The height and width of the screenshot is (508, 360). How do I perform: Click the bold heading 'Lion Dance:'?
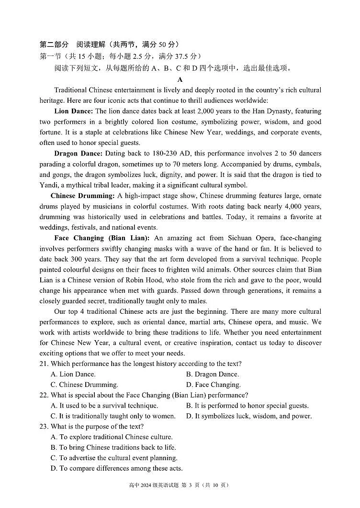tap(74, 111)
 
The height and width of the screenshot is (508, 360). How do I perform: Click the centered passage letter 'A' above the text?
tap(180, 80)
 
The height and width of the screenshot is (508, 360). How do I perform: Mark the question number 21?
tap(44, 364)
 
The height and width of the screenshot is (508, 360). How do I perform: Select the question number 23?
tap(44, 427)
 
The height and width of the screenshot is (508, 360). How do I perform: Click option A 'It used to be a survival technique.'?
tap(104, 406)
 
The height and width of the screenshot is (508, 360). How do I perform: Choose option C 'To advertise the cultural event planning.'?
tap(114, 458)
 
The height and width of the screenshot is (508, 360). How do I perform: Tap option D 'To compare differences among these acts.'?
tap(116, 469)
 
